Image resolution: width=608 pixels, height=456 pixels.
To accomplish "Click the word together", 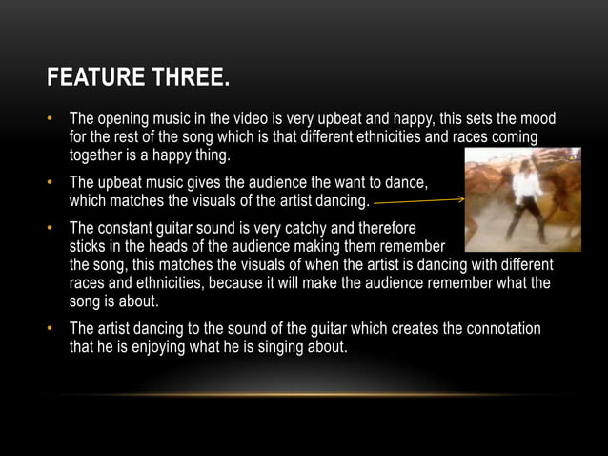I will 99,155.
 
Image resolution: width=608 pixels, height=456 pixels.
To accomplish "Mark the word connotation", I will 502,329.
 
